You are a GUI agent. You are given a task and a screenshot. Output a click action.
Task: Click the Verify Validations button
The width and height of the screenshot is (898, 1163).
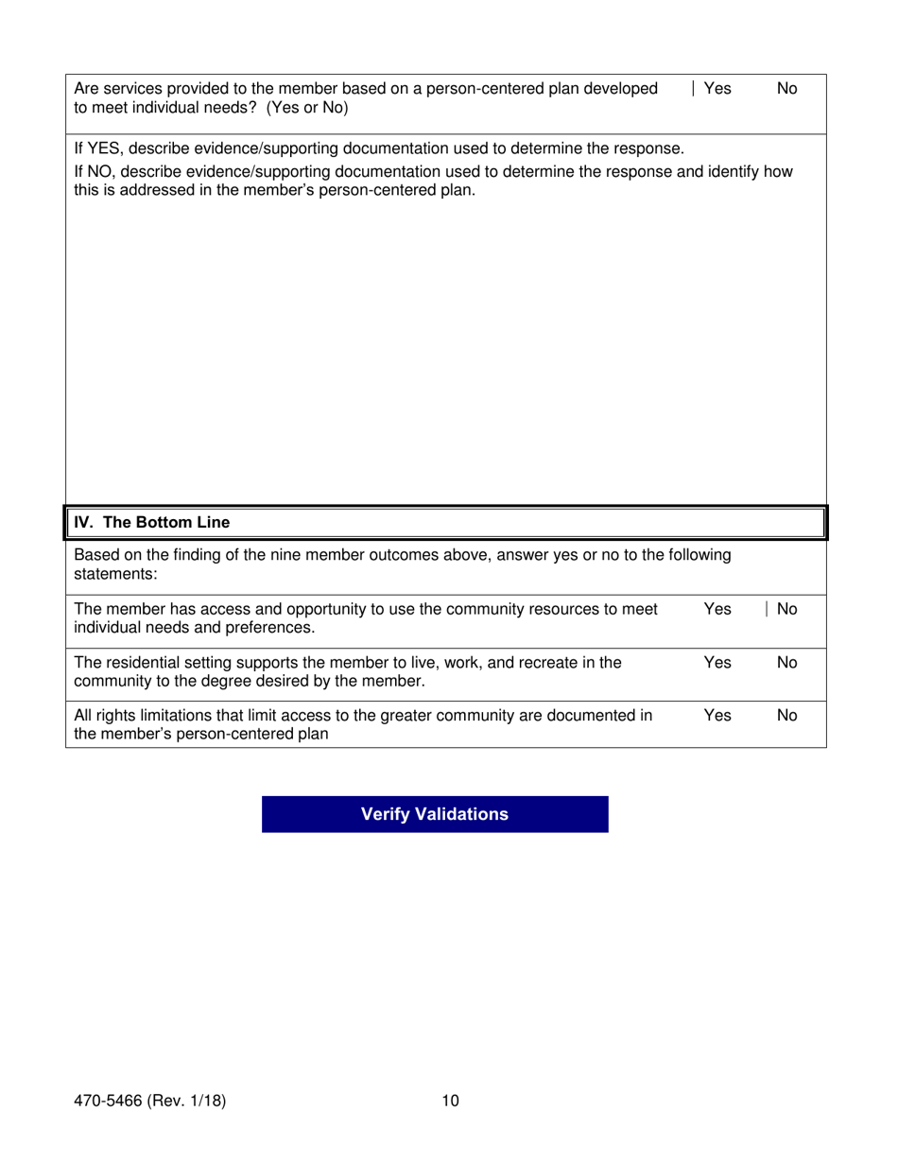(x=435, y=814)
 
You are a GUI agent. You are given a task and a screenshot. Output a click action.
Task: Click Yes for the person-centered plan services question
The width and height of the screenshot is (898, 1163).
(x=717, y=89)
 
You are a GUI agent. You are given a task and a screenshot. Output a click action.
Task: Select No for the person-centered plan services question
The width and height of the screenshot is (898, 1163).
(x=786, y=89)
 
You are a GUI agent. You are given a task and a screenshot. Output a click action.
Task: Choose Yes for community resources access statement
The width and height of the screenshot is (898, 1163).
(x=717, y=610)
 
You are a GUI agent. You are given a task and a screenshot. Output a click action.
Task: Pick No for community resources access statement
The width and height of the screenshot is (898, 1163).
(x=786, y=610)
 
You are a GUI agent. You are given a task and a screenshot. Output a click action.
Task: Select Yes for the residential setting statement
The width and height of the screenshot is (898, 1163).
(x=717, y=663)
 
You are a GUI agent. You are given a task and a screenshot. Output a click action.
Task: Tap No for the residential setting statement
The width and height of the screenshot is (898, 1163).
(x=786, y=663)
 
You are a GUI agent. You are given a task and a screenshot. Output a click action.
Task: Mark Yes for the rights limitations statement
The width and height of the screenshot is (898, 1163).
(x=717, y=716)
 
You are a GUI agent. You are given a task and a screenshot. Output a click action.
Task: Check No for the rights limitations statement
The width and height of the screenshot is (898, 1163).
(x=786, y=716)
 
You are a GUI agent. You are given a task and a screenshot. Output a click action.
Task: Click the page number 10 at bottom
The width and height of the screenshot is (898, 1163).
(x=450, y=1101)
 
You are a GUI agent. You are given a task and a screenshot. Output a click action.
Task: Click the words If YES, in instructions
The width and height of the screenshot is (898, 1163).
(x=94, y=149)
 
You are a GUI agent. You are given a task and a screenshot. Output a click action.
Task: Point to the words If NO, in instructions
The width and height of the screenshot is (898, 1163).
(x=91, y=172)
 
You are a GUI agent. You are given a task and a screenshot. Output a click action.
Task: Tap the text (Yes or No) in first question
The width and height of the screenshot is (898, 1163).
(x=307, y=108)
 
